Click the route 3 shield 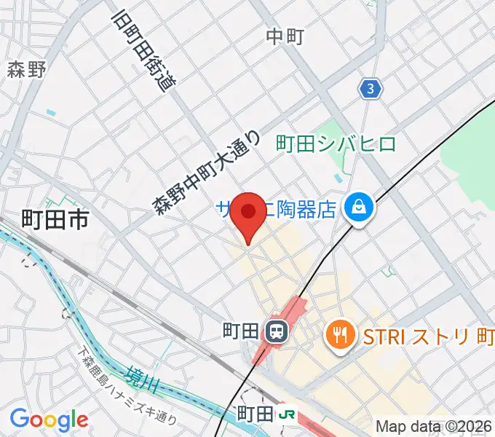click(371, 89)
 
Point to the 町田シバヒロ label click(336, 144)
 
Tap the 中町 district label click(285, 36)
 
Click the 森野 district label click(27, 69)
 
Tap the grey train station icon click(277, 332)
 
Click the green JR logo click(288, 414)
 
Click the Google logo click(49, 420)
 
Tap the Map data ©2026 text click(434, 426)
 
